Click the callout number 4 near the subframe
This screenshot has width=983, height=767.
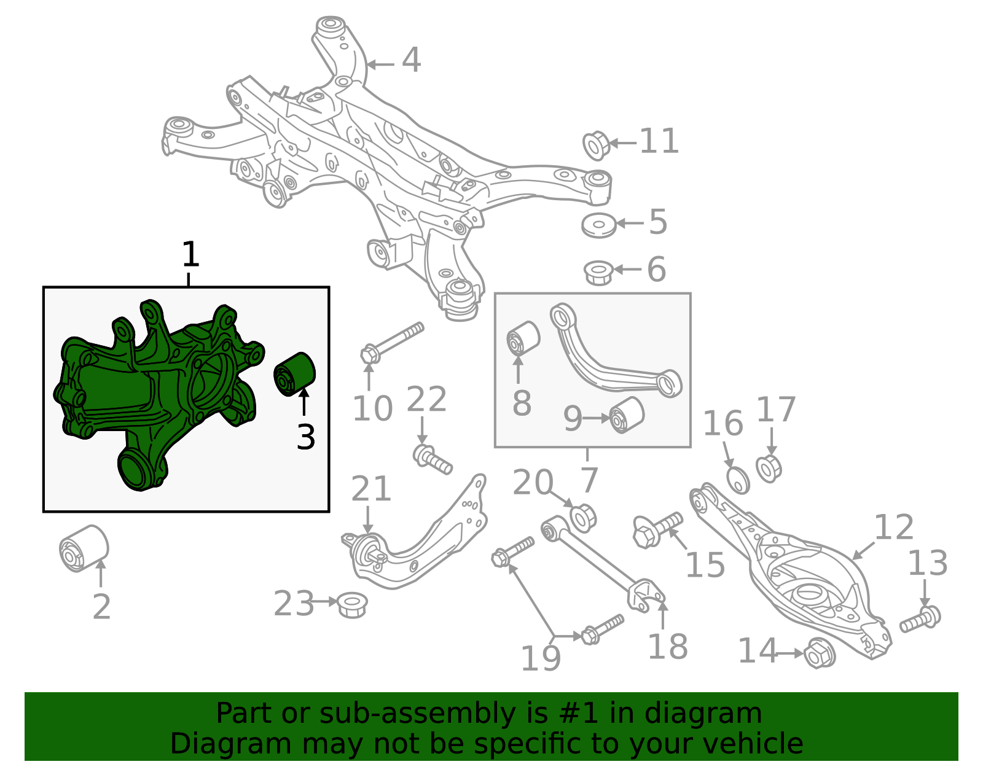(x=411, y=61)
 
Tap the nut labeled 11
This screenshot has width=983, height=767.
(x=595, y=146)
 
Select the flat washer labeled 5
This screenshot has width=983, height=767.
(x=598, y=225)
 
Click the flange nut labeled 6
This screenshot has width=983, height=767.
(x=598, y=272)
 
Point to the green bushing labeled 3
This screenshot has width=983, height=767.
(x=294, y=374)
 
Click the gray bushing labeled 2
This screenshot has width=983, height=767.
(x=84, y=548)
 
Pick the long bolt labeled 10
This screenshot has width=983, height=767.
(x=393, y=341)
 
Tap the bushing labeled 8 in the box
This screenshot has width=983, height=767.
(x=523, y=338)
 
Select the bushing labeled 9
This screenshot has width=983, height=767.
(x=627, y=415)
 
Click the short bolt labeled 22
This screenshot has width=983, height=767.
(x=433, y=460)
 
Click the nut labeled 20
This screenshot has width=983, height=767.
(x=583, y=518)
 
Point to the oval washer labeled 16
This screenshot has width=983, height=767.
(x=738, y=480)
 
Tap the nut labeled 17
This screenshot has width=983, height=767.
(x=769, y=469)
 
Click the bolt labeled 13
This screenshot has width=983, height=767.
(x=921, y=619)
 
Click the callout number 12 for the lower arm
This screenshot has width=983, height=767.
(x=893, y=527)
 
